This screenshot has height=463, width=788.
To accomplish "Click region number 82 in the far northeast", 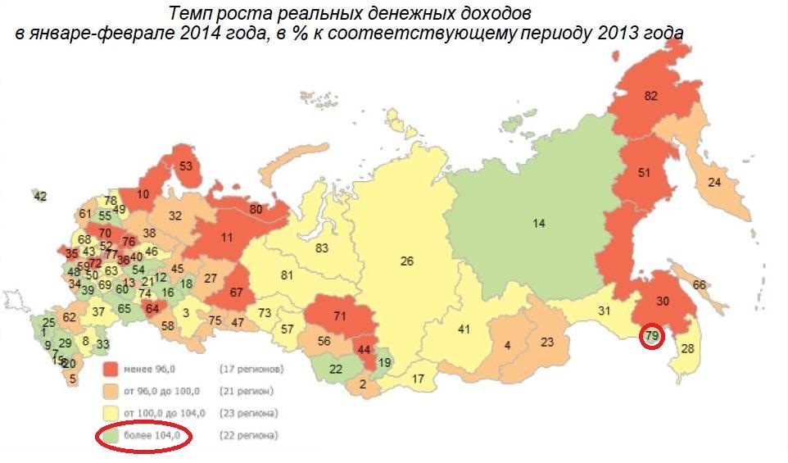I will click(x=651, y=96).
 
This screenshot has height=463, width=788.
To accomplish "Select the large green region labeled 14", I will click(x=538, y=223).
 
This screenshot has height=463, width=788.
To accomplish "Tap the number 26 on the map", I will click(x=406, y=261).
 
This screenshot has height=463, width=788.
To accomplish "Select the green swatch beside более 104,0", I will click(x=109, y=434).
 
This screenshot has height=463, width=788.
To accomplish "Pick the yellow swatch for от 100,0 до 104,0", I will click(x=109, y=413).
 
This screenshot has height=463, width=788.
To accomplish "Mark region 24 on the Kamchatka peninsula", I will click(x=714, y=183).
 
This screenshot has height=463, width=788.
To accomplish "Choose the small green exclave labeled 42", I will click(x=40, y=196).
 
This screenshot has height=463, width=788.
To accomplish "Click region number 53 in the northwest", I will click(x=186, y=166).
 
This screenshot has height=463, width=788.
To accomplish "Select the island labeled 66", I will click(x=699, y=285).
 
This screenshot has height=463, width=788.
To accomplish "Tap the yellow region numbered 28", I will click(x=687, y=350).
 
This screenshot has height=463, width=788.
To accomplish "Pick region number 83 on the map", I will click(x=322, y=247).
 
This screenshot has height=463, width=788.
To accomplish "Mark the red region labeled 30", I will click(x=663, y=302).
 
